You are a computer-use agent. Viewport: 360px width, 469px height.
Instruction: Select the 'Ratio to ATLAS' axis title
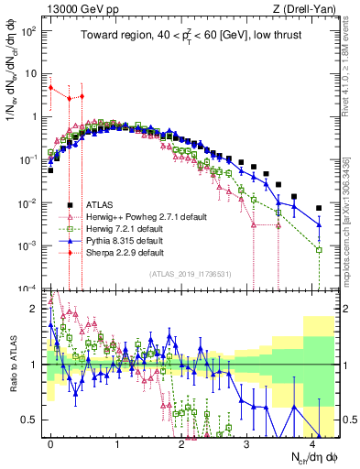coord(12,365)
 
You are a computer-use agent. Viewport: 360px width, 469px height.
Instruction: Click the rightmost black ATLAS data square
coord(318,208)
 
